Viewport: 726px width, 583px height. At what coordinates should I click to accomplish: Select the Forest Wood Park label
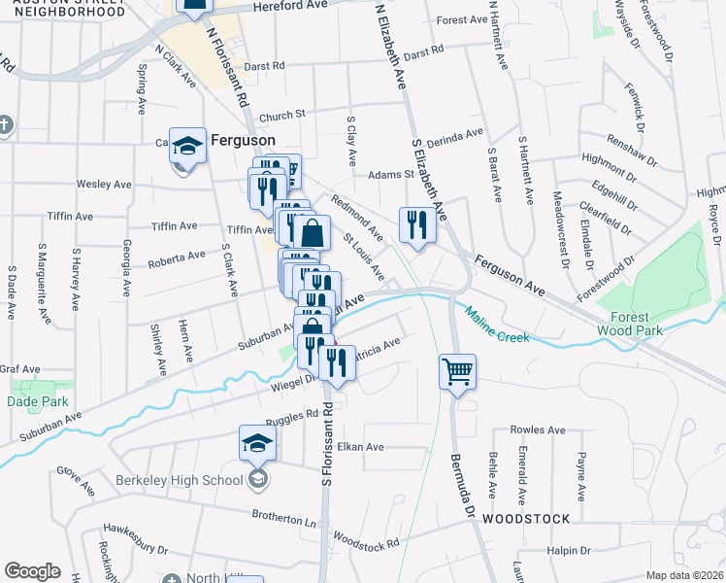coord(637,324)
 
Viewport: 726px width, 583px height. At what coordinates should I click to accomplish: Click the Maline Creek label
coord(497,325)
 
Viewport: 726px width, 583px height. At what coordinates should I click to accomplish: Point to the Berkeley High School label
coord(179,479)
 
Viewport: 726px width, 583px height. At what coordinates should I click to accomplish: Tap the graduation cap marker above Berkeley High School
coord(258,443)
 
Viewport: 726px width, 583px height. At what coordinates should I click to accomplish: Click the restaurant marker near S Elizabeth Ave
coord(416,224)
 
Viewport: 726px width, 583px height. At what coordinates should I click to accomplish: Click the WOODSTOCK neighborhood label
coord(528,518)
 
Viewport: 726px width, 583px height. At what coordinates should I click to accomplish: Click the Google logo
coord(32,571)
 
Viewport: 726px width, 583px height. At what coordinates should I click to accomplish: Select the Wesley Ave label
coord(104,184)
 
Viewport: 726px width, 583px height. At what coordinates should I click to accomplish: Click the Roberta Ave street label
coord(176,258)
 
